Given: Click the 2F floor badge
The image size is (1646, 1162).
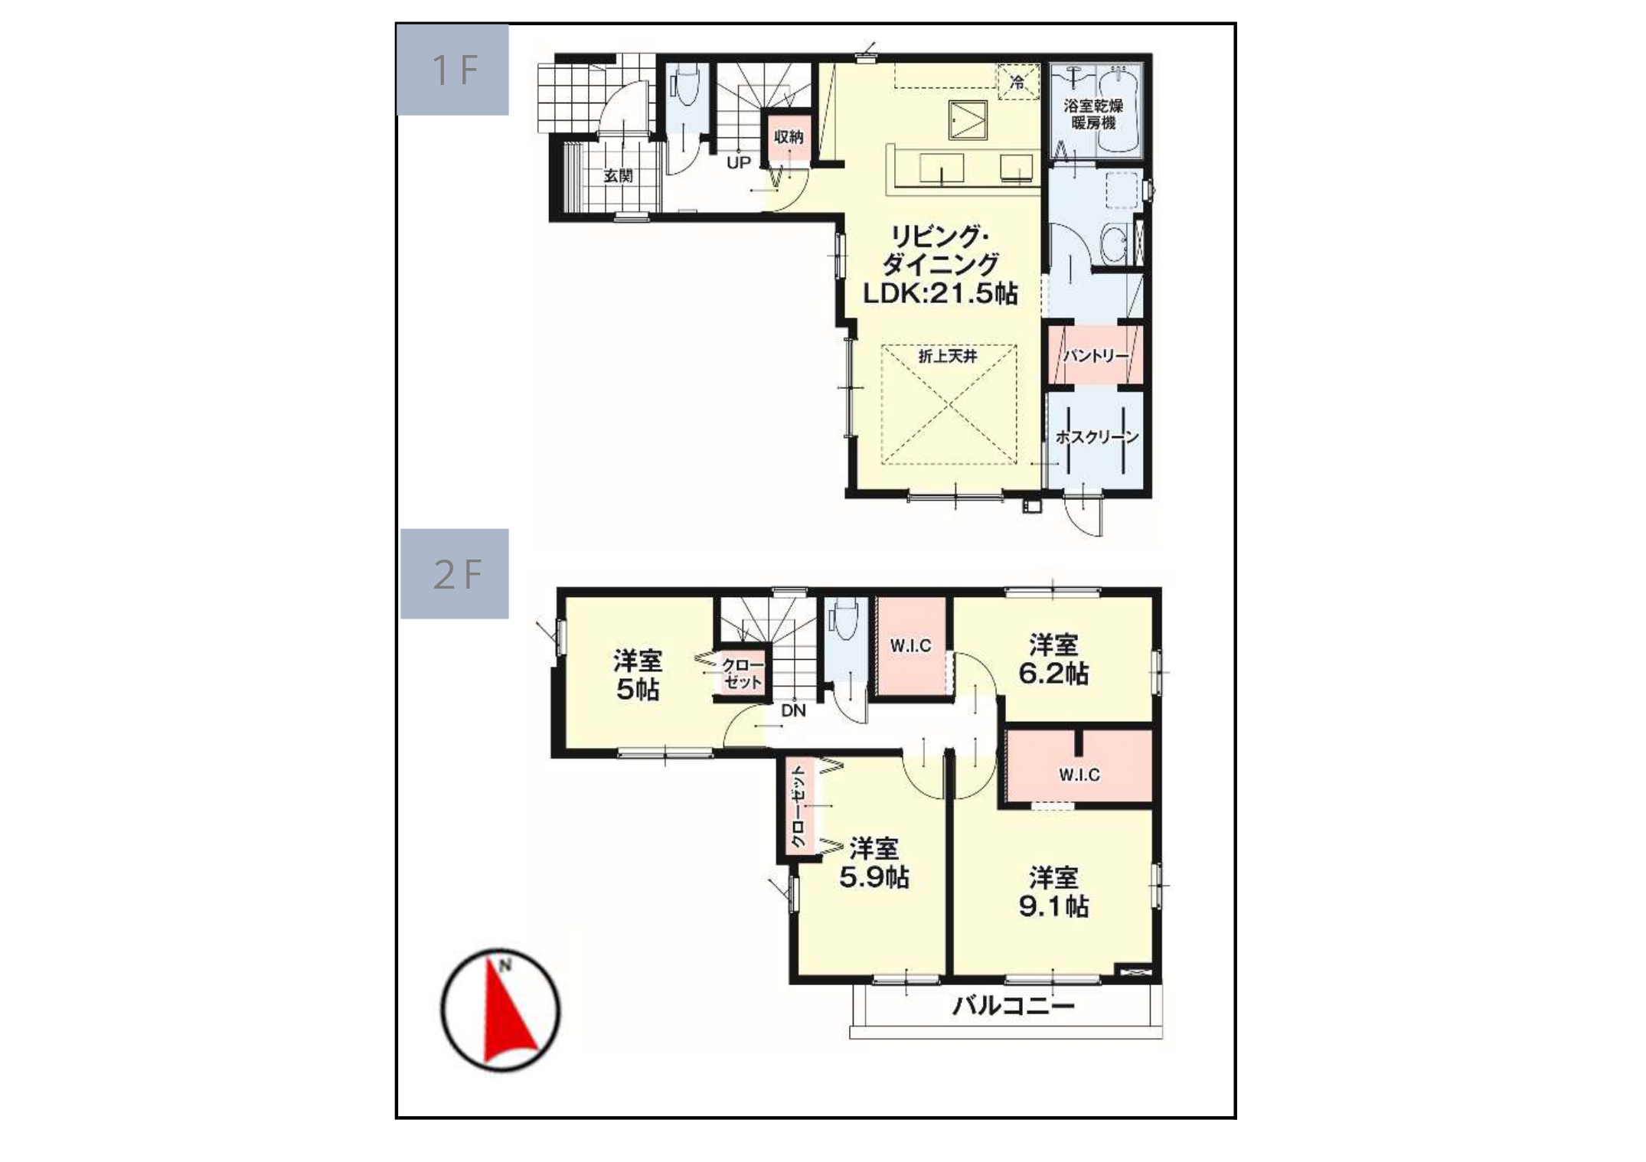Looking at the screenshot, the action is point(455,573).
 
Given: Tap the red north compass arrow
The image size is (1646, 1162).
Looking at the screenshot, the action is point(508,1010).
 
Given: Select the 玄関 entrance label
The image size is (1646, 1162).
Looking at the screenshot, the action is point(619,175).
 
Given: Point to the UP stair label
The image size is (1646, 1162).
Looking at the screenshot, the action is point(738,163).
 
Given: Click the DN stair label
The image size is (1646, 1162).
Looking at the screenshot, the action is point(793,710).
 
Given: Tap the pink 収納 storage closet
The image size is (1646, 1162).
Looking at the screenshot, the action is point(789,138).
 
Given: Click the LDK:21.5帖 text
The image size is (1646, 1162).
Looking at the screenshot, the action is point(940,294).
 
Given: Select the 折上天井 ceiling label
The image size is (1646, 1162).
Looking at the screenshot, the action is point(948,356).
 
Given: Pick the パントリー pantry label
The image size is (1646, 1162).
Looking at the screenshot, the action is point(1096,356).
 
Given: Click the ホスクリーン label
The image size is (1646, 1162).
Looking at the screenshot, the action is point(1097,437).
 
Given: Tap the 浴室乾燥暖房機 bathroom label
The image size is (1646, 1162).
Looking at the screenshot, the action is point(1093,114).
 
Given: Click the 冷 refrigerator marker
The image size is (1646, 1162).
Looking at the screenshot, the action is point(1017,81).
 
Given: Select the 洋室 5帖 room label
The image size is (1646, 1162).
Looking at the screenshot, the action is point(637,674).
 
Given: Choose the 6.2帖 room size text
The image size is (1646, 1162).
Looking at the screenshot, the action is point(1053,674).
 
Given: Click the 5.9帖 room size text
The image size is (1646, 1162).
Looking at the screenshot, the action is point(874,877).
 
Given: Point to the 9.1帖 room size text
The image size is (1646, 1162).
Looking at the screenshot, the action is point(1053,906).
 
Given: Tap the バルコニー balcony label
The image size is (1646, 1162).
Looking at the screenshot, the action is point(1013,1006).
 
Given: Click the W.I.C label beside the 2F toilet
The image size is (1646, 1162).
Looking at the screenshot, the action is point(910,646).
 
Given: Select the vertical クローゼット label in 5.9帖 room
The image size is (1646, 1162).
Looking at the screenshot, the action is point(799,806).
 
